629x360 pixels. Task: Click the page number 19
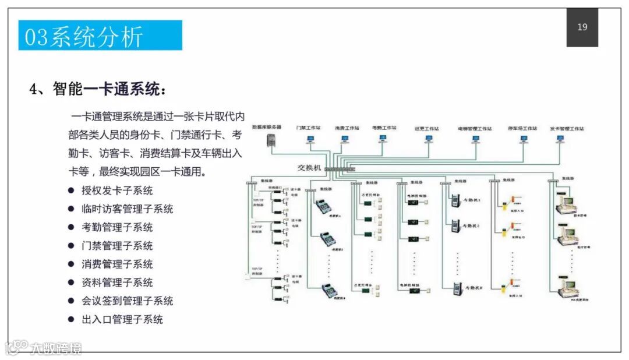click(582, 27)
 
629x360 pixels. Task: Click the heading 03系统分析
click(84, 36)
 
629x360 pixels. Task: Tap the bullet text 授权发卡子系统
click(117, 190)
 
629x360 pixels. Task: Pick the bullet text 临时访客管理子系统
click(127, 209)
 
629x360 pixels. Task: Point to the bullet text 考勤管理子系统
click(117, 227)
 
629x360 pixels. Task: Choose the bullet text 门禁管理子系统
click(117, 246)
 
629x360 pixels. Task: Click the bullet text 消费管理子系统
click(117, 264)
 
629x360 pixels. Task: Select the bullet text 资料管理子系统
click(117, 283)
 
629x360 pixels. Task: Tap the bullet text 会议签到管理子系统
click(127, 301)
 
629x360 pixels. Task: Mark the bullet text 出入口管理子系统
click(122, 319)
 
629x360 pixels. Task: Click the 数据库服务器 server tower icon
click(270, 140)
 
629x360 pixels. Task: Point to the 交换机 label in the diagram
click(309, 167)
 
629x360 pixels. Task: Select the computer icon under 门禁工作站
click(309, 139)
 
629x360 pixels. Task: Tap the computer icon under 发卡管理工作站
click(560, 139)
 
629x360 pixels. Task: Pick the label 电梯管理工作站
click(475, 128)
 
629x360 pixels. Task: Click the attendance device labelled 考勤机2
click(455, 224)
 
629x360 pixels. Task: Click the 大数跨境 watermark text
click(56, 348)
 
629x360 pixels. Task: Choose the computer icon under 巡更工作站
click(429, 139)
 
